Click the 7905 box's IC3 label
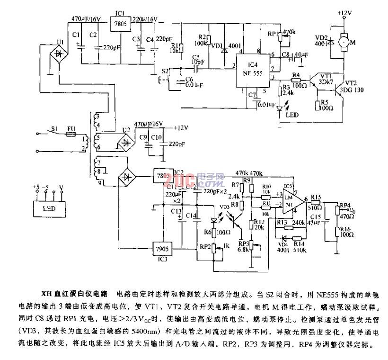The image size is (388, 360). point(162,259)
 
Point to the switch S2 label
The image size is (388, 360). point(165,71)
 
